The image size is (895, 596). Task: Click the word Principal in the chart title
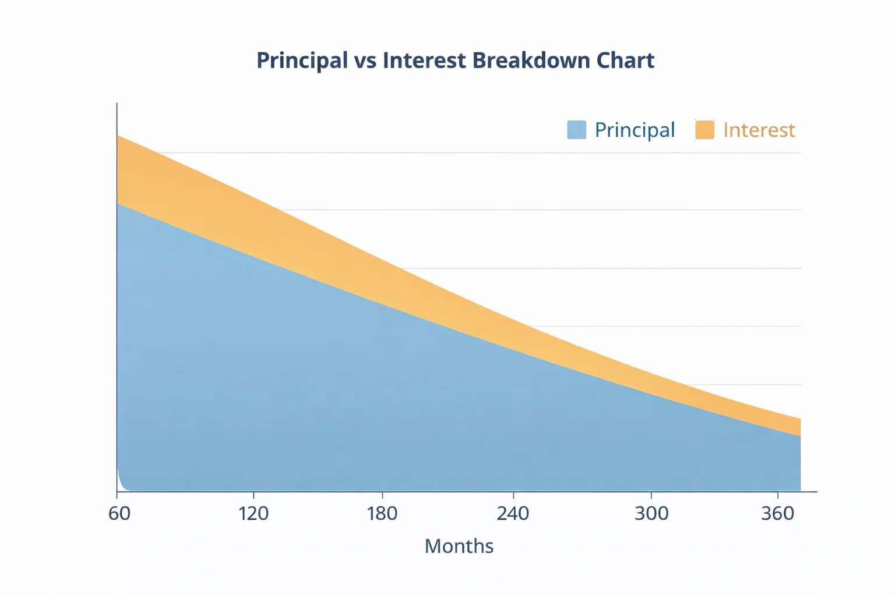(x=302, y=61)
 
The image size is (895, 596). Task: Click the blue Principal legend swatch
(x=576, y=130)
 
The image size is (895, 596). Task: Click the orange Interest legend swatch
(x=704, y=130)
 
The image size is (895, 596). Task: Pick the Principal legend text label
(x=635, y=130)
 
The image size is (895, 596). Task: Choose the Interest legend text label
(x=759, y=130)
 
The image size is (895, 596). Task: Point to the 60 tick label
(x=119, y=513)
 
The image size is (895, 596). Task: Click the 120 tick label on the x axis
(x=253, y=513)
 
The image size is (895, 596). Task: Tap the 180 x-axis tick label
(x=382, y=513)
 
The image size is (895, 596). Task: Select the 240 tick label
(x=513, y=513)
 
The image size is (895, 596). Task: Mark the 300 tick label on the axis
(x=651, y=513)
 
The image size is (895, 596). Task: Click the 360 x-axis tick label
(x=778, y=513)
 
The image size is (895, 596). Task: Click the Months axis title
(x=459, y=546)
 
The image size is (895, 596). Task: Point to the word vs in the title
(x=365, y=61)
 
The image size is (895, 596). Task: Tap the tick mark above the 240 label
(x=513, y=495)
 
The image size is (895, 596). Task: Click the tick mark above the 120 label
(x=253, y=495)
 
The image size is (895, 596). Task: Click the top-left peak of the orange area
(x=119, y=138)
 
